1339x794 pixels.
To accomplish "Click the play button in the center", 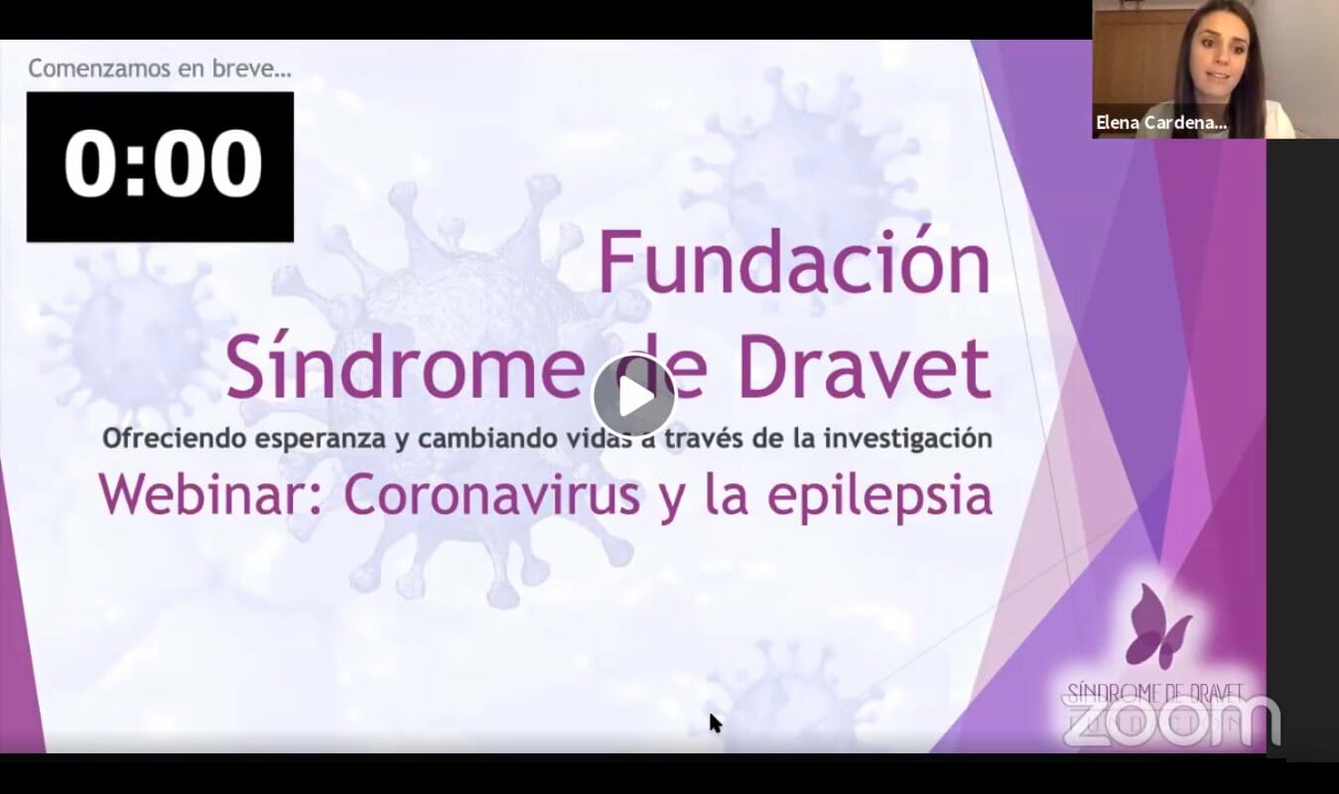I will [633, 395].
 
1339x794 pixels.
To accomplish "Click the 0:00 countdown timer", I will [161, 166].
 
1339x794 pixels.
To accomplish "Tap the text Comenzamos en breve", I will [159, 69].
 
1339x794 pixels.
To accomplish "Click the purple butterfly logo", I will [1157, 625].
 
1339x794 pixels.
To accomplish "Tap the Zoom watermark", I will [1171, 720].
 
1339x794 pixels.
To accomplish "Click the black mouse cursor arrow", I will [714, 722].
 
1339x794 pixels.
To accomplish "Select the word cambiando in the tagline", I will [476, 439].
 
